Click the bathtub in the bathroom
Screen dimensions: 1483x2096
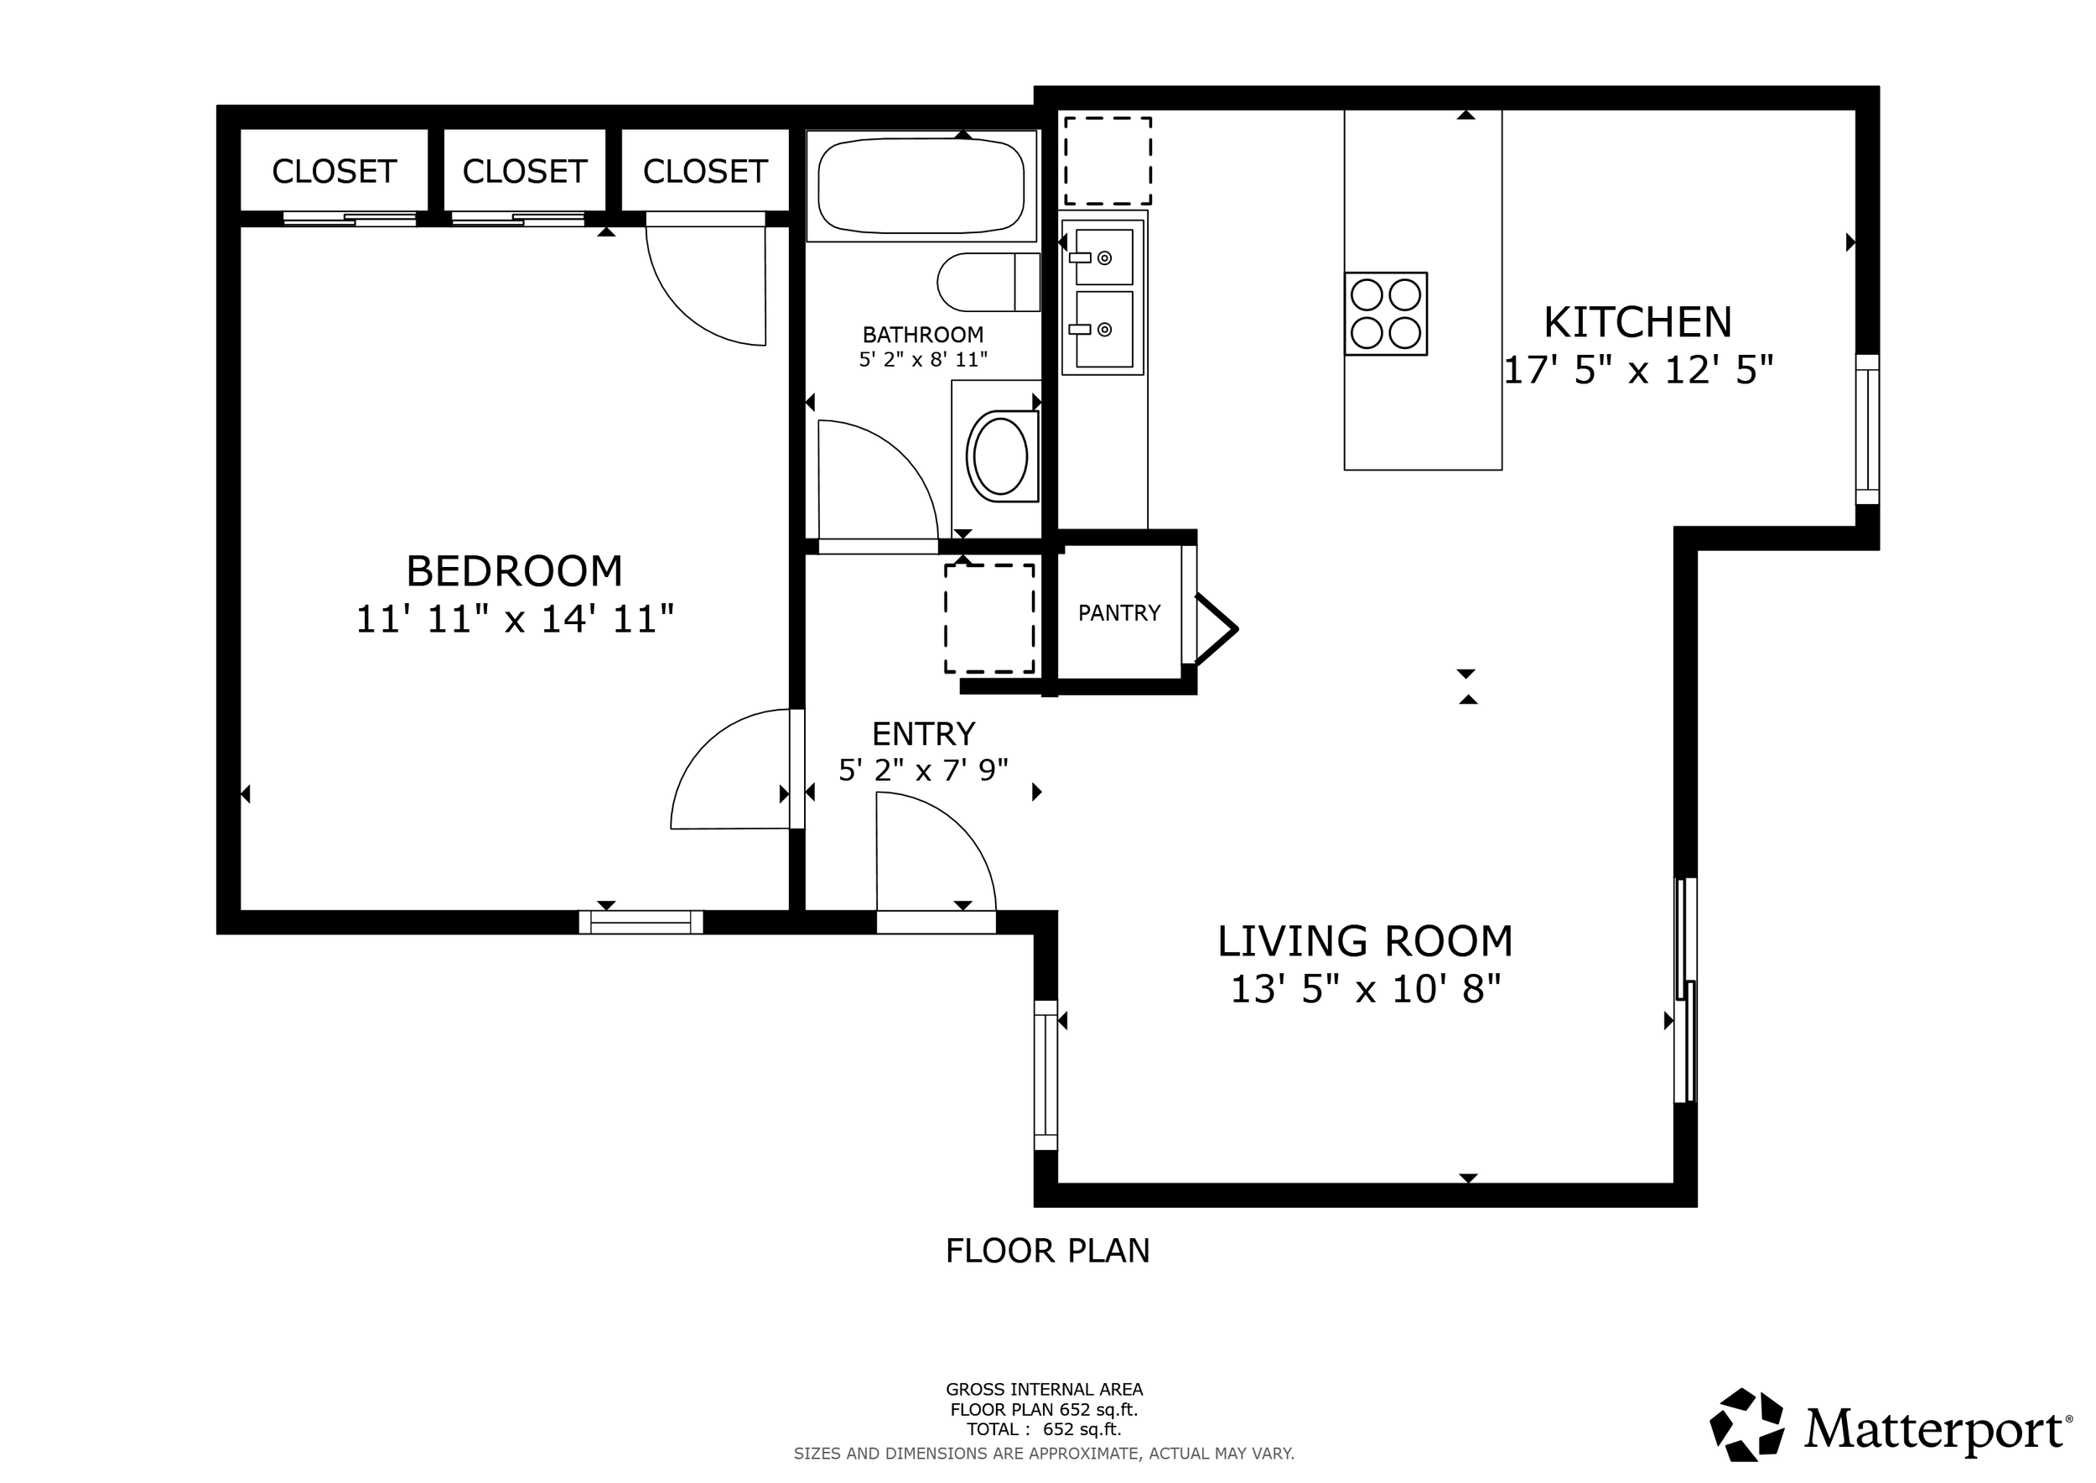pos(921,185)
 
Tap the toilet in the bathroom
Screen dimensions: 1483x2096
pos(986,282)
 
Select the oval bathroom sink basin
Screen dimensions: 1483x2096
pos(1000,455)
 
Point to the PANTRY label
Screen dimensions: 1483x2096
pos(1118,612)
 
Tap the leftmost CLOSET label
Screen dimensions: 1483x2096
pos(335,172)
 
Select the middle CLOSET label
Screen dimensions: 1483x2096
pos(524,172)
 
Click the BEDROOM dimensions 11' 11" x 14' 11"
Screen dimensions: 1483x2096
pos(514,619)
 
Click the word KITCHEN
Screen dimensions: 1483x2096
pos(1637,322)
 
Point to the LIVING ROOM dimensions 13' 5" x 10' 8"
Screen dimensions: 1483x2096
pos(1365,989)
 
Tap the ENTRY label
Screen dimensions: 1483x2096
pos(923,734)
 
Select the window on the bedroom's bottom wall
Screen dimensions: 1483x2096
pos(641,923)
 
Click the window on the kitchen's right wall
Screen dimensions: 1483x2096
pos(1867,429)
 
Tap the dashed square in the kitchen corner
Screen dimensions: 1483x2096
pos(1108,161)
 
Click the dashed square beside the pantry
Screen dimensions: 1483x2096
pos(988,618)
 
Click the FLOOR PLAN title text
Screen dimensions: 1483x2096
pos(1047,1251)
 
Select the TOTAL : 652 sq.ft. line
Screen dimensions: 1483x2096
pos(1044,1430)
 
